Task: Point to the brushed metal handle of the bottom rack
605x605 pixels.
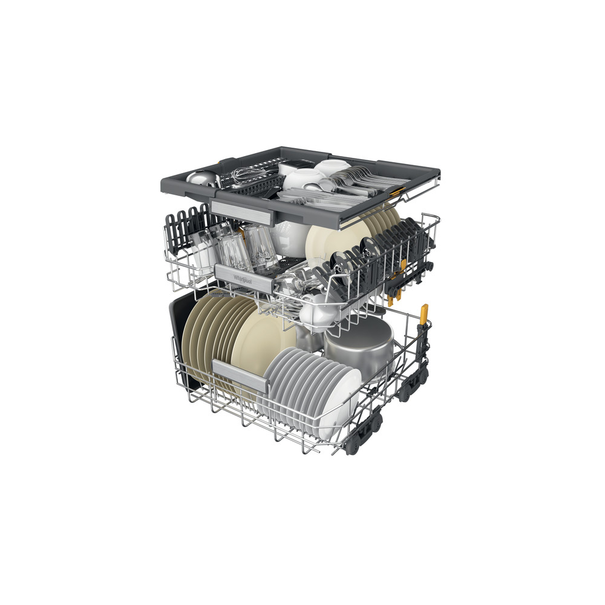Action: (x=237, y=370)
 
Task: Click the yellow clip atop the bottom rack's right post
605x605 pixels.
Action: (x=423, y=313)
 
